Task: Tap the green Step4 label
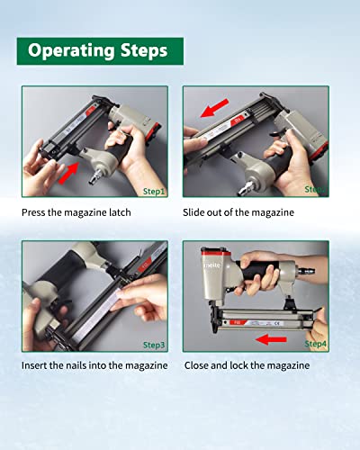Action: (x=314, y=345)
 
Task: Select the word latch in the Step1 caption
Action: (x=140, y=212)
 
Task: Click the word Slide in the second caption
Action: (x=198, y=212)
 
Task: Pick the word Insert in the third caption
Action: (x=39, y=366)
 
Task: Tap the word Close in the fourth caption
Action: (x=199, y=366)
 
